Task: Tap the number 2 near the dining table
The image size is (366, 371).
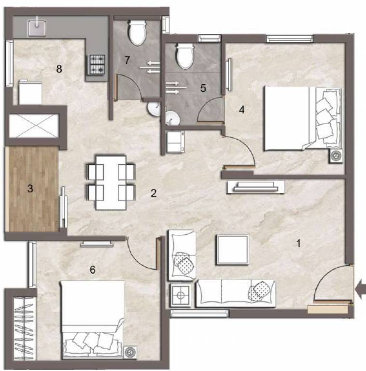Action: pyautogui.click(x=154, y=194)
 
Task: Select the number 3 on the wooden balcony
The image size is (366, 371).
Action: pyautogui.click(x=30, y=189)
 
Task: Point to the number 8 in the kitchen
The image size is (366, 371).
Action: pyautogui.click(x=59, y=69)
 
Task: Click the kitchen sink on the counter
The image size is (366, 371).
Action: pyautogui.click(x=36, y=28)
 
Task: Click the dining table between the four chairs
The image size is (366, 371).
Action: pyautogui.click(x=111, y=182)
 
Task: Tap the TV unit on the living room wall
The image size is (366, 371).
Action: pyautogui.click(x=255, y=186)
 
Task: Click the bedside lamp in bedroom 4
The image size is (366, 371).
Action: pyautogui.click(x=336, y=156)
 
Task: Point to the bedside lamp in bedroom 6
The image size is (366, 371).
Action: pyautogui.click(x=129, y=352)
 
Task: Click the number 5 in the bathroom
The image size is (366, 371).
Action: pyautogui.click(x=203, y=88)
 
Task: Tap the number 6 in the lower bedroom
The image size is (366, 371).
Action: pyautogui.click(x=92, y=269)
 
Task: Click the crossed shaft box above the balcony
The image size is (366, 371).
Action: pyautogui.click(x=34, y=128)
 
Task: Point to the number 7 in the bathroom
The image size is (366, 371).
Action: pyautogui.click(x=127, y=60)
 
